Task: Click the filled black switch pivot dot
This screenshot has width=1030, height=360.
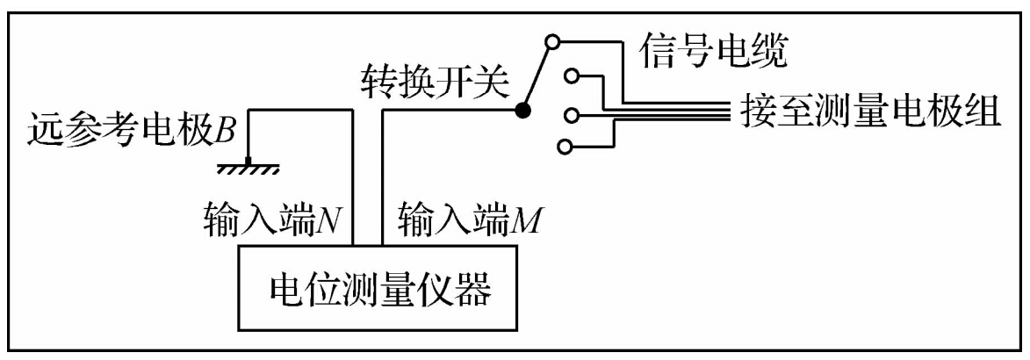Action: pos(523,111)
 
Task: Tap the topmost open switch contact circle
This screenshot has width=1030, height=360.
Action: pos(551,40)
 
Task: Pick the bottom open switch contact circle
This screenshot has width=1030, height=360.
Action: pos(565,145)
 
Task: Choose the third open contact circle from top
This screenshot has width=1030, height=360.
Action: pos(572,113)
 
